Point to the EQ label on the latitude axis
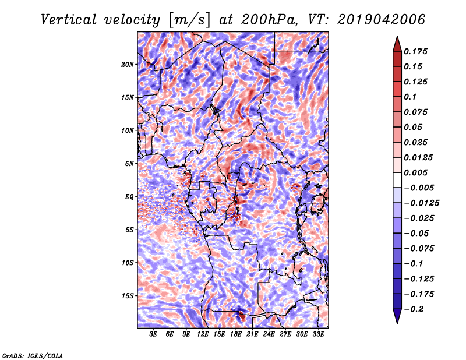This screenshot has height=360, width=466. [x=130, y=197]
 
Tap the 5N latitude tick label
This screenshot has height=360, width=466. [x=130, y=164]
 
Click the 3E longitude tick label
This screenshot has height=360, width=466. [x=154, y=334]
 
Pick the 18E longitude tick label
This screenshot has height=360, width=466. [x=236, y=334]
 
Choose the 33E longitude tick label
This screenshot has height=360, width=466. [x=318, y=334]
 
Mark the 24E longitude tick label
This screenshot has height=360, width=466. [x=269, y=334]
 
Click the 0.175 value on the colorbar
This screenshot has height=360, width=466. [x=418, y=51]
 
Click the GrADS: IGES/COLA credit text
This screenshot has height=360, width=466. [x=33, y=355]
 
